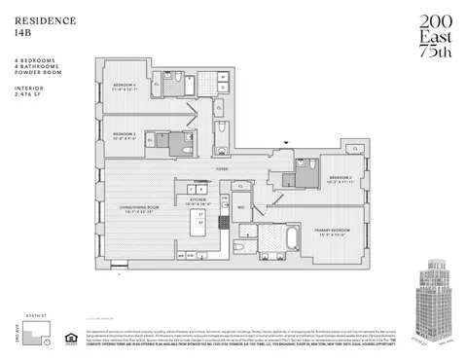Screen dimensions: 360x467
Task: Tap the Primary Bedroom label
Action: click(331, 232)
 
